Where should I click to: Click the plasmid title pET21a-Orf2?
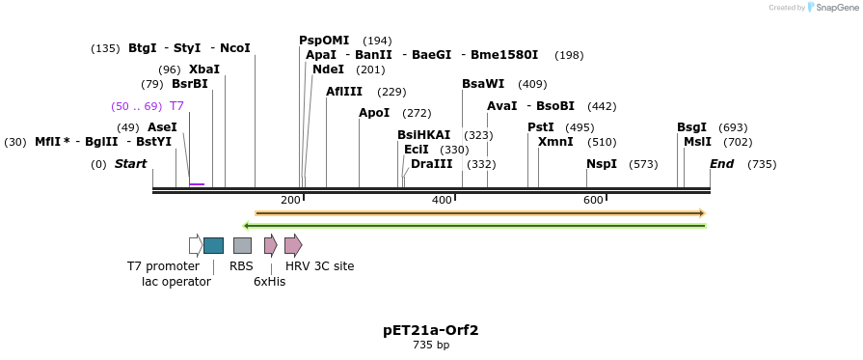pyautogui.click(x=430, y=330)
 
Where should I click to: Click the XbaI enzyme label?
pyautogui.click(x=203, y=69)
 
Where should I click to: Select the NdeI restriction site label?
pyautogui.click(x=328, y=69)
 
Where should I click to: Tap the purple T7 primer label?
pyautogui.click(x=176, y=106)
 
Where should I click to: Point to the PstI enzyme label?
pyautogui.click(x=540, y=127)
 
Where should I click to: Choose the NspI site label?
pyautogui.click(x=601, y=164)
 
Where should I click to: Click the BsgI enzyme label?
pyautogui.click(x=691, y=127)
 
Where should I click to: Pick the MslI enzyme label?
pyautogui.click(x=697, y=142)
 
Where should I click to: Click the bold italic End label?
pyautogui.click(x=721, y=164)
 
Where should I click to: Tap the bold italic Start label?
pyautogui.click(x=130, y=164)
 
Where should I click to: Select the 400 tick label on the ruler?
pyautogui.click(x=442, y=200)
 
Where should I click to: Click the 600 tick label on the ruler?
pyautogui.click(x=593, y=200)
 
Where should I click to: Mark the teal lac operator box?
pyautogui.click(x=213, y=245)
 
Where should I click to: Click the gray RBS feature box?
pyautogui.click(x=242, y=245)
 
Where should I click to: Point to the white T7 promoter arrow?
pyautogui.click(x=195, y=245)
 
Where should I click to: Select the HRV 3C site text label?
pyautogui.click(x=319, y=266)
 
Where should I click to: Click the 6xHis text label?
pyautogui.click(x=269, y=282)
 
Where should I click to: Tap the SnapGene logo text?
pyautogui.click(x=835, y=8)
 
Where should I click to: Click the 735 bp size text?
pyautogui.click(x=430, y=346)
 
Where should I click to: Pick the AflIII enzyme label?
pyautogui.click(x=344, y=92)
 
